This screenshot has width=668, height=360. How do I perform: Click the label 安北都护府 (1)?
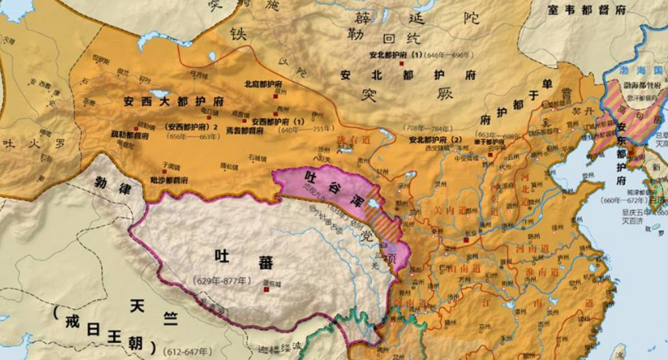[x=394, y=55]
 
